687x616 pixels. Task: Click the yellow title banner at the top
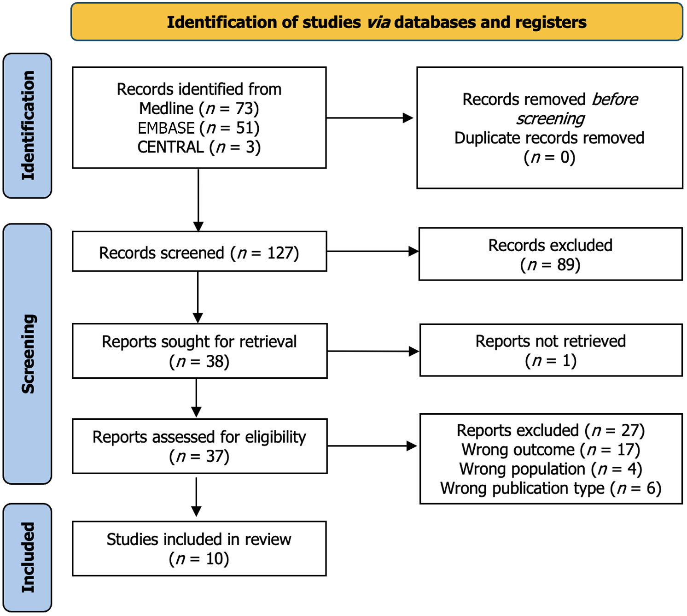[x=377, y=22]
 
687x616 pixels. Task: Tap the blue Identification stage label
[x=28, y=126]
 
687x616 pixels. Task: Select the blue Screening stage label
[x=28, y=354]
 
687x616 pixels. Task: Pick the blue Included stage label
[x=28, y=557]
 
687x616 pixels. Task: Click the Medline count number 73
[x=245, y=109]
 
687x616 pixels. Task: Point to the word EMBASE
[x=166, y=128]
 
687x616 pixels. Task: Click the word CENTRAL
[x=170, y=147]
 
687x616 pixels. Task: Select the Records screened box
[x=199, y=252]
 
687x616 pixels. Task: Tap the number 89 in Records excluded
[x=566, y=264]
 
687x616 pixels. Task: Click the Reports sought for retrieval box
[x=200, y=351]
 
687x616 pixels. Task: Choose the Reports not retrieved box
[x=551, y=350]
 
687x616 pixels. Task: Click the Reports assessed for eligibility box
[x=200, y=446]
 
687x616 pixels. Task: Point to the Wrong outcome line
[x=551, y=450]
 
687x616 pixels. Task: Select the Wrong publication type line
[x=551, y=488]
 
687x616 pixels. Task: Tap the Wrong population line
[x=551, y=469]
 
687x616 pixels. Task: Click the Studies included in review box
[x=199, y=549]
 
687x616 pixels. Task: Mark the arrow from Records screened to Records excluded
[x=373, y=252]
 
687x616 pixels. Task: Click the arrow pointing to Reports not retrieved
[x=373, y=351]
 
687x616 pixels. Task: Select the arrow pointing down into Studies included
[x=196, y=497]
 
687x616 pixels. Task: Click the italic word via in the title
[x=378, y=23]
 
